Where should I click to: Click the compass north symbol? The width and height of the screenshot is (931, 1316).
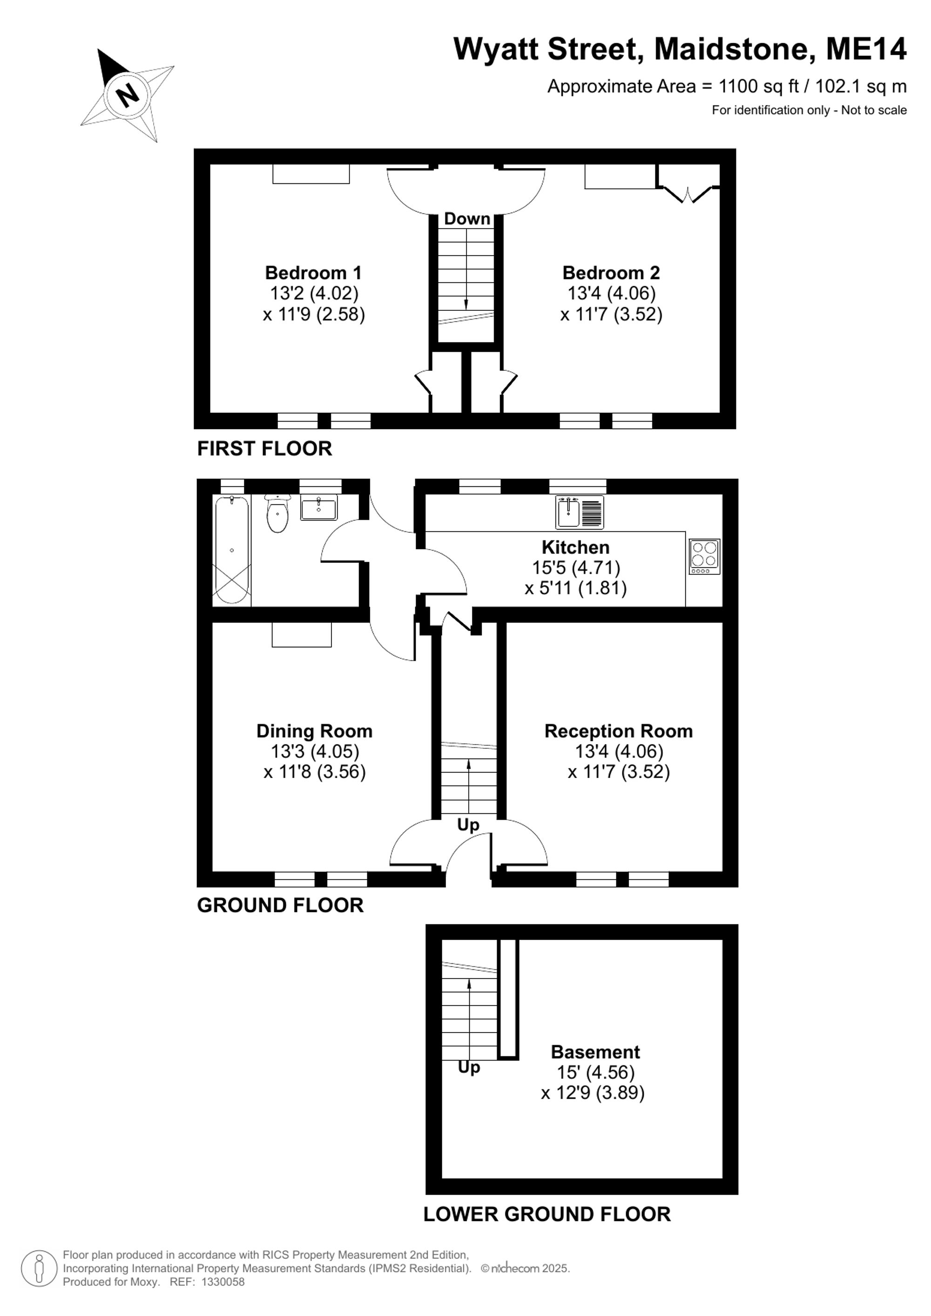click(127, 95)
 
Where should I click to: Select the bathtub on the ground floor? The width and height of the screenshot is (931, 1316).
click(232, 550)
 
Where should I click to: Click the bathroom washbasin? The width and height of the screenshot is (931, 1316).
click(319, 507)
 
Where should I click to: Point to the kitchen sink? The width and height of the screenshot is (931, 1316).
click(580, 512)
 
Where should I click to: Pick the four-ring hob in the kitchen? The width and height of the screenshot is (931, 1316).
click(705, 556)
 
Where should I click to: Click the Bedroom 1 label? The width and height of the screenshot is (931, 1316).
click(313, 272)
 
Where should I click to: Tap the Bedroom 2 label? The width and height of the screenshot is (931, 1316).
click(611, 272)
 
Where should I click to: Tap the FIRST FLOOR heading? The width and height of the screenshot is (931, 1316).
click(264, 448)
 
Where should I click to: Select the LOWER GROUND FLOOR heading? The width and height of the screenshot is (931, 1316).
click(547, 1214)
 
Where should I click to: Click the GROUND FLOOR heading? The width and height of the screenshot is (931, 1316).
click(280, 905)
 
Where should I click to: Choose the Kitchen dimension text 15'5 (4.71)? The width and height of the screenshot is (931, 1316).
click(576, 567)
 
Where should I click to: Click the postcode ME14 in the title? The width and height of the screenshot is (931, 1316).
click(866, 49)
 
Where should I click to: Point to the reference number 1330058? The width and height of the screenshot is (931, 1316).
click(223, 1282)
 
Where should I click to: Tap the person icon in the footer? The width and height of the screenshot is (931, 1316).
click(39, 1268)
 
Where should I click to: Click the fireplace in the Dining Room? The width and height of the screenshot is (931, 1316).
click(302, 635)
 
